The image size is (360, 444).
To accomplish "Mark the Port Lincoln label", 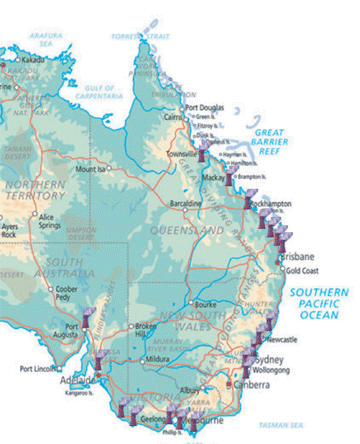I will click(x=41, y=368).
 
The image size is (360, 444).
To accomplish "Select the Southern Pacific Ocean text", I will click(x=319, y=303).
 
